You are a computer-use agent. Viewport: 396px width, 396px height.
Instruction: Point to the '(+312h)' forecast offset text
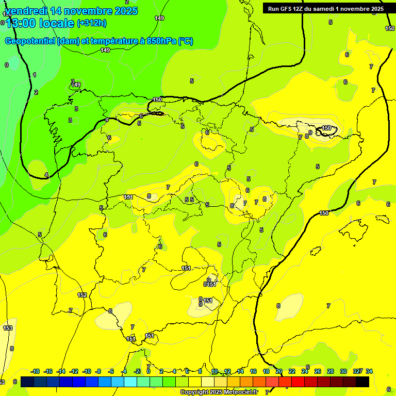(91, 23)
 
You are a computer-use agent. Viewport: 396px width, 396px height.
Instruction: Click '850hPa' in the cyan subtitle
(159, 41)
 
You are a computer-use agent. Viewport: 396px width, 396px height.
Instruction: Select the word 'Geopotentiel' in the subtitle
(30, 41)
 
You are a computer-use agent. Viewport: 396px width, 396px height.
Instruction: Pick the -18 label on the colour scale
(36, 371)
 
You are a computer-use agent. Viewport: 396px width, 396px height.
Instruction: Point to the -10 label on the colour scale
(87, 371)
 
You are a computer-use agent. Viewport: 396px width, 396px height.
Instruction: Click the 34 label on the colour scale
(369, 371)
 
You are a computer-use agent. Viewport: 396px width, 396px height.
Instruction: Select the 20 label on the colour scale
(279, 371)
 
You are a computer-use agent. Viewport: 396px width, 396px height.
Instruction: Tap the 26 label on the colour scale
(318, 371)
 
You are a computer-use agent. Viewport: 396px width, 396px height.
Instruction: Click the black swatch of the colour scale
(362, 382)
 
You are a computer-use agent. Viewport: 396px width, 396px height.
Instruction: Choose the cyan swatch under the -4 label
(130, 382)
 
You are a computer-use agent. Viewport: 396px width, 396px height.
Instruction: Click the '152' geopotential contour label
(82, 295)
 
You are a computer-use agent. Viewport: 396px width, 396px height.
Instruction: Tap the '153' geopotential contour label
(8, 328)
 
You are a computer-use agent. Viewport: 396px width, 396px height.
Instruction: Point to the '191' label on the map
(128, 197)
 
